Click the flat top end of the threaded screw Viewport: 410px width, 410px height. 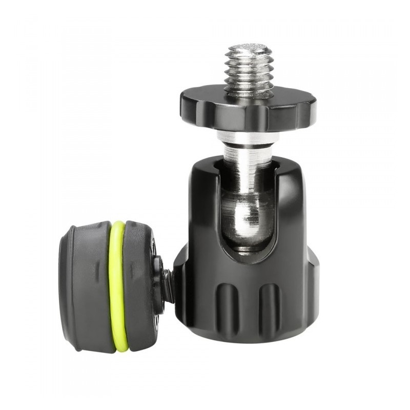click(248, 48)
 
